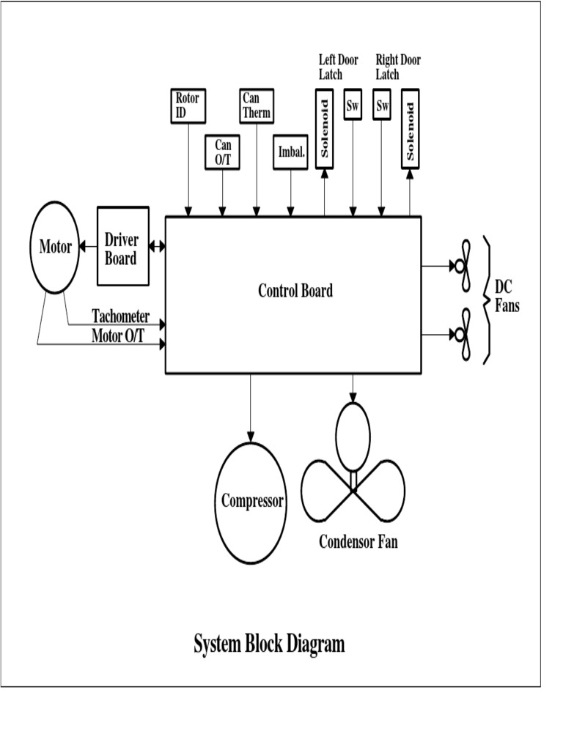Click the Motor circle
point(56,247)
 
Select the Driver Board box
point(121,247)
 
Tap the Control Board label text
point(295,291)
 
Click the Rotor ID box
point(187,105)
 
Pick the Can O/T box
point(223,153)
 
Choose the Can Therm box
point(256,105)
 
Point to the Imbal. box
point(291,153)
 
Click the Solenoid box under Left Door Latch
point(325,127)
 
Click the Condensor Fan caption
point(358,543)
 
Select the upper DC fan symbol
point(463,264)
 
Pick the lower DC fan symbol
point(463,334)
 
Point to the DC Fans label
point(507,296)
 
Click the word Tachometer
point(120,316)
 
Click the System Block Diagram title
point(269,645)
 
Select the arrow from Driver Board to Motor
point(87,247)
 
